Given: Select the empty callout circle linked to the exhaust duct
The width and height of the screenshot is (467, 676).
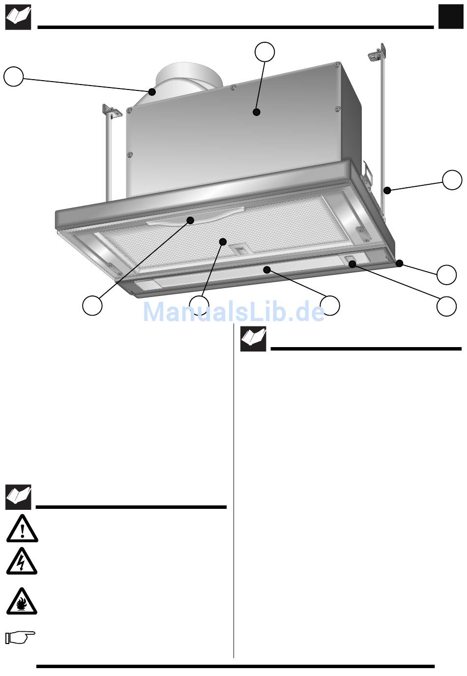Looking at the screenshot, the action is pyautogui.click(x=14, y=76).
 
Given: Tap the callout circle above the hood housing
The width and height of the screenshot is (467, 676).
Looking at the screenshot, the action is pyautogui.click(x=264, y=52).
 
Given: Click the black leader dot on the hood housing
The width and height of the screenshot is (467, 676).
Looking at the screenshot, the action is pyautogui.click(x=257, y=112).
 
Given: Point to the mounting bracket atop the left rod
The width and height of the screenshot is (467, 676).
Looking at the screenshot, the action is pyautogui.click(x=112, y=111).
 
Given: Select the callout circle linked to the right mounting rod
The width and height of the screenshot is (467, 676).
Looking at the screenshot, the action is pyautogui.click(x=452, y=180).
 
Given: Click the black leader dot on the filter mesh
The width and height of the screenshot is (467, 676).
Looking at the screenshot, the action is pyautogui.click(x=223, y=241).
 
